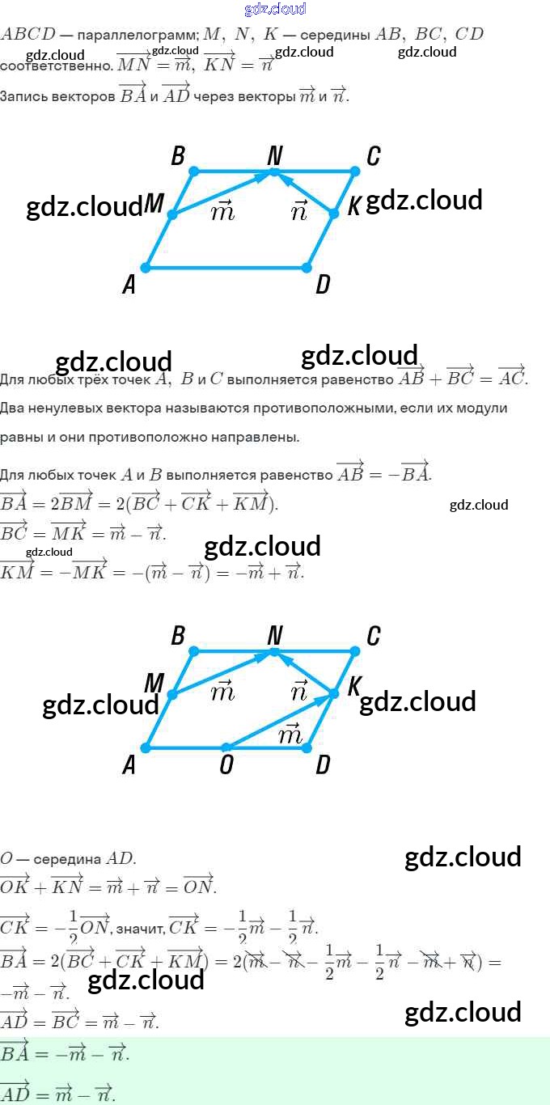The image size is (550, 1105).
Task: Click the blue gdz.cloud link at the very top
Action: (275, 9)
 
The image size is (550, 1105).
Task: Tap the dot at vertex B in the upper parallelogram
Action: (193, 171)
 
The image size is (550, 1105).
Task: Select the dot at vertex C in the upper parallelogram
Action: (355, 171)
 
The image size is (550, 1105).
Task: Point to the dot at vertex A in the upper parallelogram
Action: (146, 268)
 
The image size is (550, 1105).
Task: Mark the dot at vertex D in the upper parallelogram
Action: (307, 268)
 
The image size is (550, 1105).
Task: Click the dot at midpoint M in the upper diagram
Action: (171, 215)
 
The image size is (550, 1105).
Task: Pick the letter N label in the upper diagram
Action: (275, 155)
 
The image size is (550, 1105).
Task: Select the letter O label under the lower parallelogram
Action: (226, 765)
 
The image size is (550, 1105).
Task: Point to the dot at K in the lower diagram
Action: (333, 694)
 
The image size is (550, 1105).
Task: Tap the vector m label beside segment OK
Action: (290, 734)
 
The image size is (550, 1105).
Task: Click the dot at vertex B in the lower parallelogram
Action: (193, 650)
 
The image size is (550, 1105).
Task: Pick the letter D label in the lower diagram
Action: (323, 765)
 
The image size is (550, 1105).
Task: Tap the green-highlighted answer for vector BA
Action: (65, 1052)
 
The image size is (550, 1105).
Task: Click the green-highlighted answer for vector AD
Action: (58, 1093)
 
